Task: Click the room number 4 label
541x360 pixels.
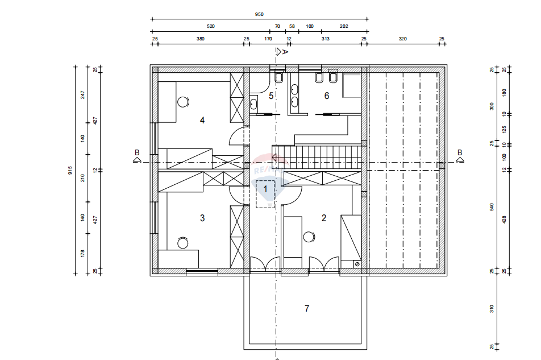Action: point(202,120)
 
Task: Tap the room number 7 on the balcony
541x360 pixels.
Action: point(307,308)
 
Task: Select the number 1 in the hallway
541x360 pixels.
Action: point(265,189)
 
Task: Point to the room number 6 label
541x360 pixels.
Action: point(326,96)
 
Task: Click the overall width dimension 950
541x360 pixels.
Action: point(259,14)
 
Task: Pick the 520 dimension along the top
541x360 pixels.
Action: point(210,26)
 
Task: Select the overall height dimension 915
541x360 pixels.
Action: point(70,170)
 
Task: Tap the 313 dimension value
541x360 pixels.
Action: point(326,39)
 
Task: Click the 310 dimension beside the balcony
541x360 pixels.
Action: point(492,309)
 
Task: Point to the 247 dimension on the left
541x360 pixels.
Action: point(82,95)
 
